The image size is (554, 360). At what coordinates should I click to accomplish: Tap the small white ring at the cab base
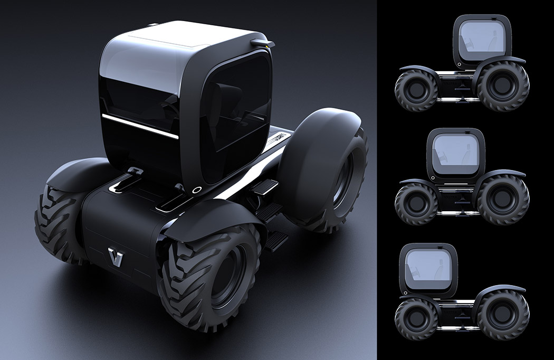pos(197,190)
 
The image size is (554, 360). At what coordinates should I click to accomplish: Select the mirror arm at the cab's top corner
pos(262,42)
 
